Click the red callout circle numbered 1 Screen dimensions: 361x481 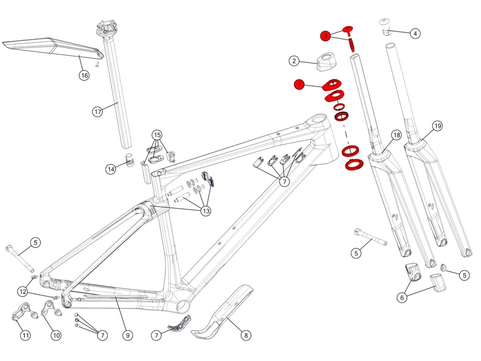pyautogui.click(x=299, y=85)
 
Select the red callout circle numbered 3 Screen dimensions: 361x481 pyautogui.click(x=325, y=36)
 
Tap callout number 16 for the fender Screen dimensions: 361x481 pyautogui.click(x=84, y=75)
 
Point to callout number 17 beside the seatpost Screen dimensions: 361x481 pyautogui.click(x=97, y=112)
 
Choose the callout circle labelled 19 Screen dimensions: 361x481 pyautogui.click(x=437, y=126)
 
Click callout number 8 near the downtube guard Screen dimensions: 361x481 pyautogui.click(x=246, y=335)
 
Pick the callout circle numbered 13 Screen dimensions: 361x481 pyautogui.click(x=206, y=211)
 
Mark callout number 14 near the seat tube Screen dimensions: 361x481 pyautogui.click(x=111, y=169)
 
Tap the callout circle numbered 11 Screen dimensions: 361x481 pyautogui.click(x=25, y=335)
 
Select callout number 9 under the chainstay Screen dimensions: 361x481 pyautogui.click(x=128, y=335)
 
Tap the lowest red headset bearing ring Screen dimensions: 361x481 pyautogui.click(x=354, y=165)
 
